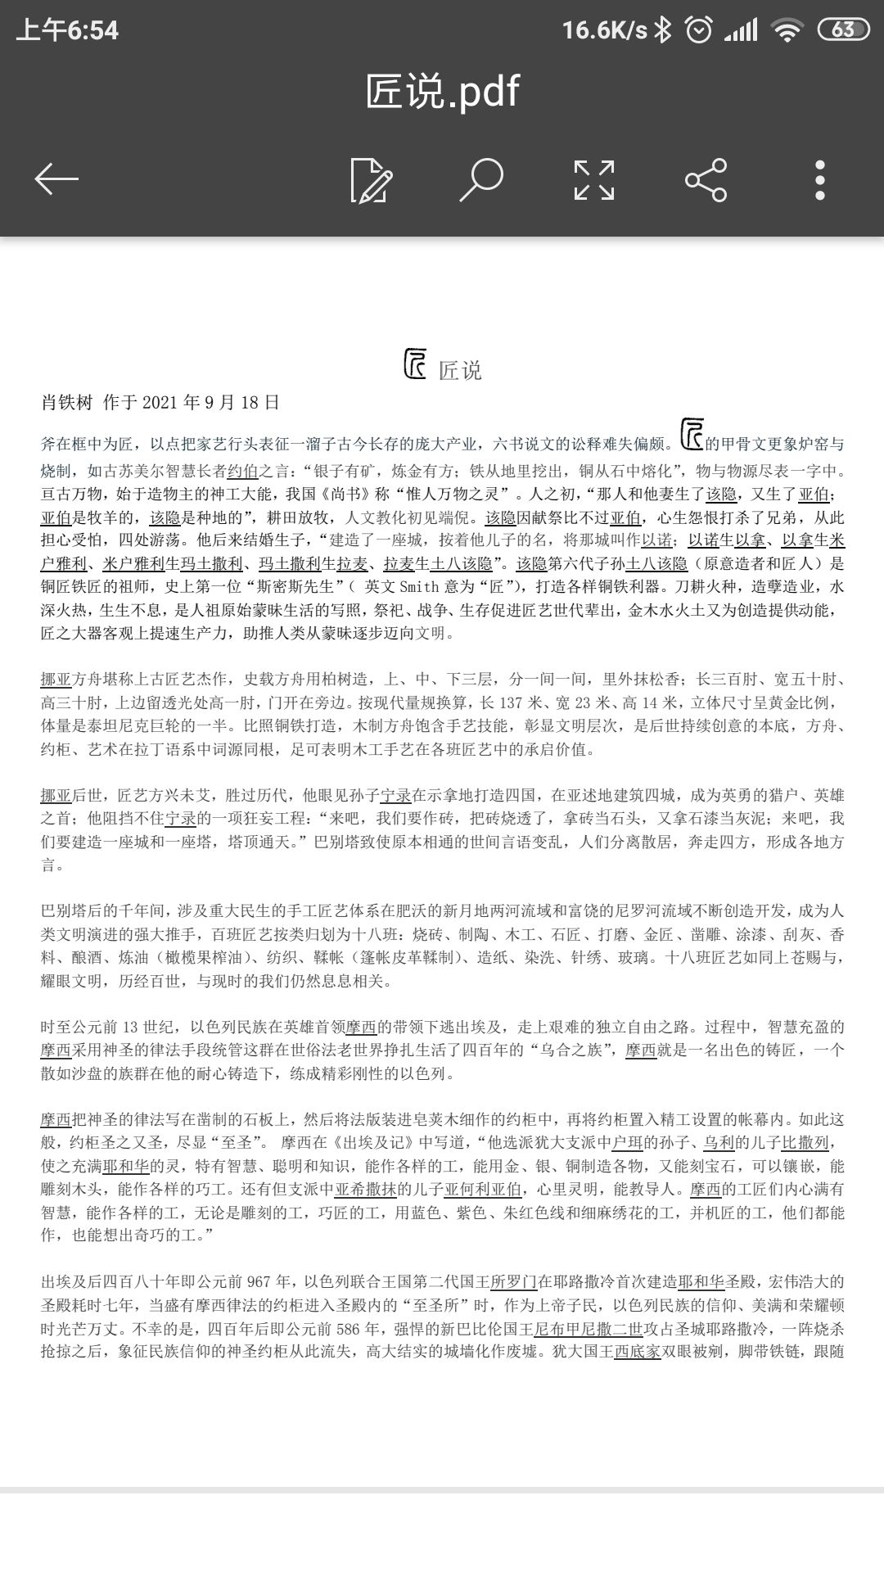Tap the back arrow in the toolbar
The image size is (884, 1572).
[x=56, y=179]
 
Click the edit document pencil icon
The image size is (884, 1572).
[x=371, y=180]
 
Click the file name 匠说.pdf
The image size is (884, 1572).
[x=442, y=91]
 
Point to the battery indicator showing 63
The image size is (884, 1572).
[x=843, y=30]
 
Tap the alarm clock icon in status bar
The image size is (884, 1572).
[x=698, y=30]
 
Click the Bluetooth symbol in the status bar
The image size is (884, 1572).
[x=664, y=30]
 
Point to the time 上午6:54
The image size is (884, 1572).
[x=67, y=31]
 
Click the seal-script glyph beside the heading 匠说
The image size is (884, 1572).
[x=416, y=364]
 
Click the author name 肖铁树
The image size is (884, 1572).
[x=67, y=402]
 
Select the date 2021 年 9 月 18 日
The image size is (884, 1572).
[x=211, y=402]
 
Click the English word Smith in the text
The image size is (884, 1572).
[x=419, y=587]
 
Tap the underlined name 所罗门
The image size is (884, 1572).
[x=513, y=1282]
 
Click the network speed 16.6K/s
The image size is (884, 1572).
[x=604, y=30]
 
